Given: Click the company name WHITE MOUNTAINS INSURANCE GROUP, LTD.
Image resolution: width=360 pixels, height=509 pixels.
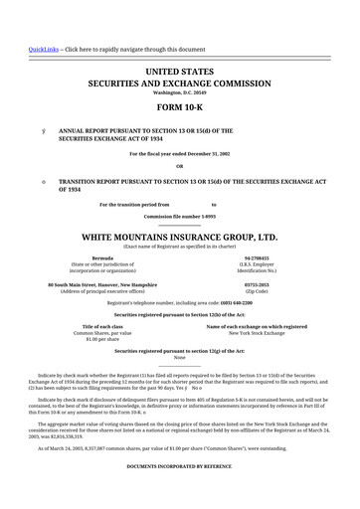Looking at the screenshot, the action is (180, 211).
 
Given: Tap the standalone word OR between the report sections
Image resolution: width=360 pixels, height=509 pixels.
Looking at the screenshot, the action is (180, 166).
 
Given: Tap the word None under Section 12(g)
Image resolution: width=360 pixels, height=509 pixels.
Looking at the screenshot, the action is (180, 330).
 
